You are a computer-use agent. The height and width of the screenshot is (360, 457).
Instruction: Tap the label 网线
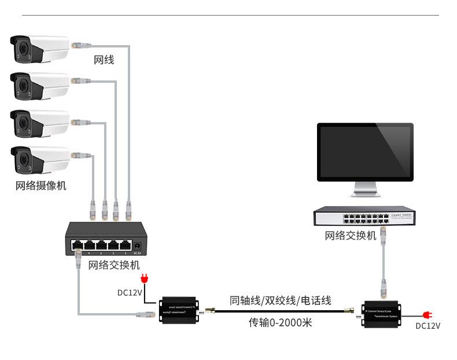pos(104,60)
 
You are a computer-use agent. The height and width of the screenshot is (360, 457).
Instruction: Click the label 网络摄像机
pos(40,186)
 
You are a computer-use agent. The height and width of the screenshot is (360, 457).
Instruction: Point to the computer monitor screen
pos(365,152)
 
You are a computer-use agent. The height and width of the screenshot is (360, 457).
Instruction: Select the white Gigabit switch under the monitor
pos(363,218)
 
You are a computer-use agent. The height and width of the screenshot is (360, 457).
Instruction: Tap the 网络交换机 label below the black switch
pos(114,266)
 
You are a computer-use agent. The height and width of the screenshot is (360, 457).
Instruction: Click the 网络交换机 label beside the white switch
pos(351,236)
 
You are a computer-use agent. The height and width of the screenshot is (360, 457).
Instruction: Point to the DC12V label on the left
pos(130,293)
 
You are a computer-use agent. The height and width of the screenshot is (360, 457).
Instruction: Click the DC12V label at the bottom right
pos(428,326)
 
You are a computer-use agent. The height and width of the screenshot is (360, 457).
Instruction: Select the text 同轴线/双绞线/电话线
pos(281,301)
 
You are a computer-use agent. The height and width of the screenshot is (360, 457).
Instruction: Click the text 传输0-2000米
pos(280,322)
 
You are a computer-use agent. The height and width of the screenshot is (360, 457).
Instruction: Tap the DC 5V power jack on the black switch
pos(137,245)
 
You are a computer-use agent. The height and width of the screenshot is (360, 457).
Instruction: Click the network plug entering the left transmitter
pos(146,314)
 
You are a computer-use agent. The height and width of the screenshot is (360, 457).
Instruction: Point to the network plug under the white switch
pos(383,233)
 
